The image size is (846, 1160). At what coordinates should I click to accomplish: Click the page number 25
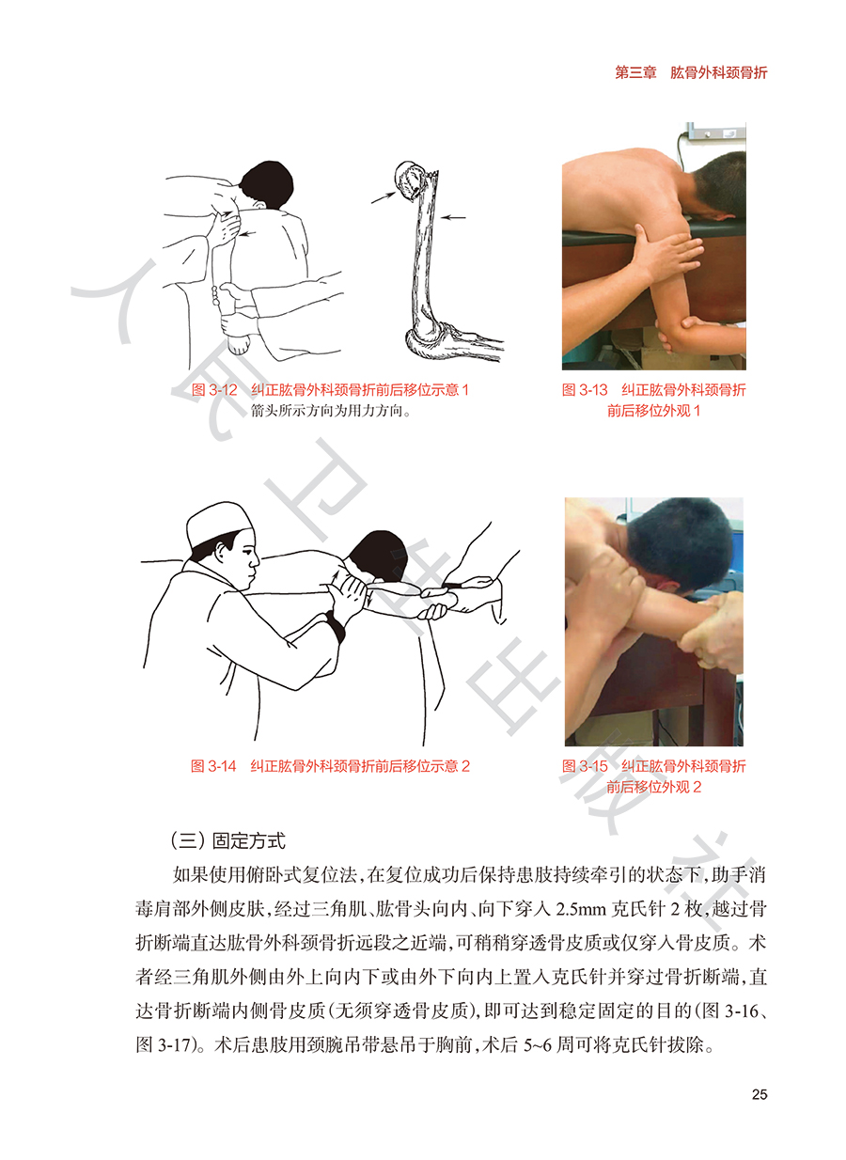click(759, 1094)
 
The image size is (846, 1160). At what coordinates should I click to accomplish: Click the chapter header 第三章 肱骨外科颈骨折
click(691, 72)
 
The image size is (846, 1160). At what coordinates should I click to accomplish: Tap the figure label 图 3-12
click(213, 390)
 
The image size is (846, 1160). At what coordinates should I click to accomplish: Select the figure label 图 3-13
click(585, 390)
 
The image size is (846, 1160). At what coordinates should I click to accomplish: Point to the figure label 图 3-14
click(213, 766)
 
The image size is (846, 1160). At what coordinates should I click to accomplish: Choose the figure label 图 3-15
click(585, 766)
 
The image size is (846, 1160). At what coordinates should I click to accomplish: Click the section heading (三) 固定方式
click(227, 840)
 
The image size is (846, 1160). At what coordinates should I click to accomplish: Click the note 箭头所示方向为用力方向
click(329, 411)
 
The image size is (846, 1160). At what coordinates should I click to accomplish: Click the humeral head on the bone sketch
click(409, 180)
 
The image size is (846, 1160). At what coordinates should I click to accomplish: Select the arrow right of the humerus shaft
click(453, 217)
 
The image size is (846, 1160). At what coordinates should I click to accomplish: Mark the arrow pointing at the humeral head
click(384, 196)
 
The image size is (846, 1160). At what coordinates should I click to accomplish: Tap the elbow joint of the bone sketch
click(430, 339)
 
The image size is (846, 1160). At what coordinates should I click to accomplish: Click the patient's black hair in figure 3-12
click(268, 184)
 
